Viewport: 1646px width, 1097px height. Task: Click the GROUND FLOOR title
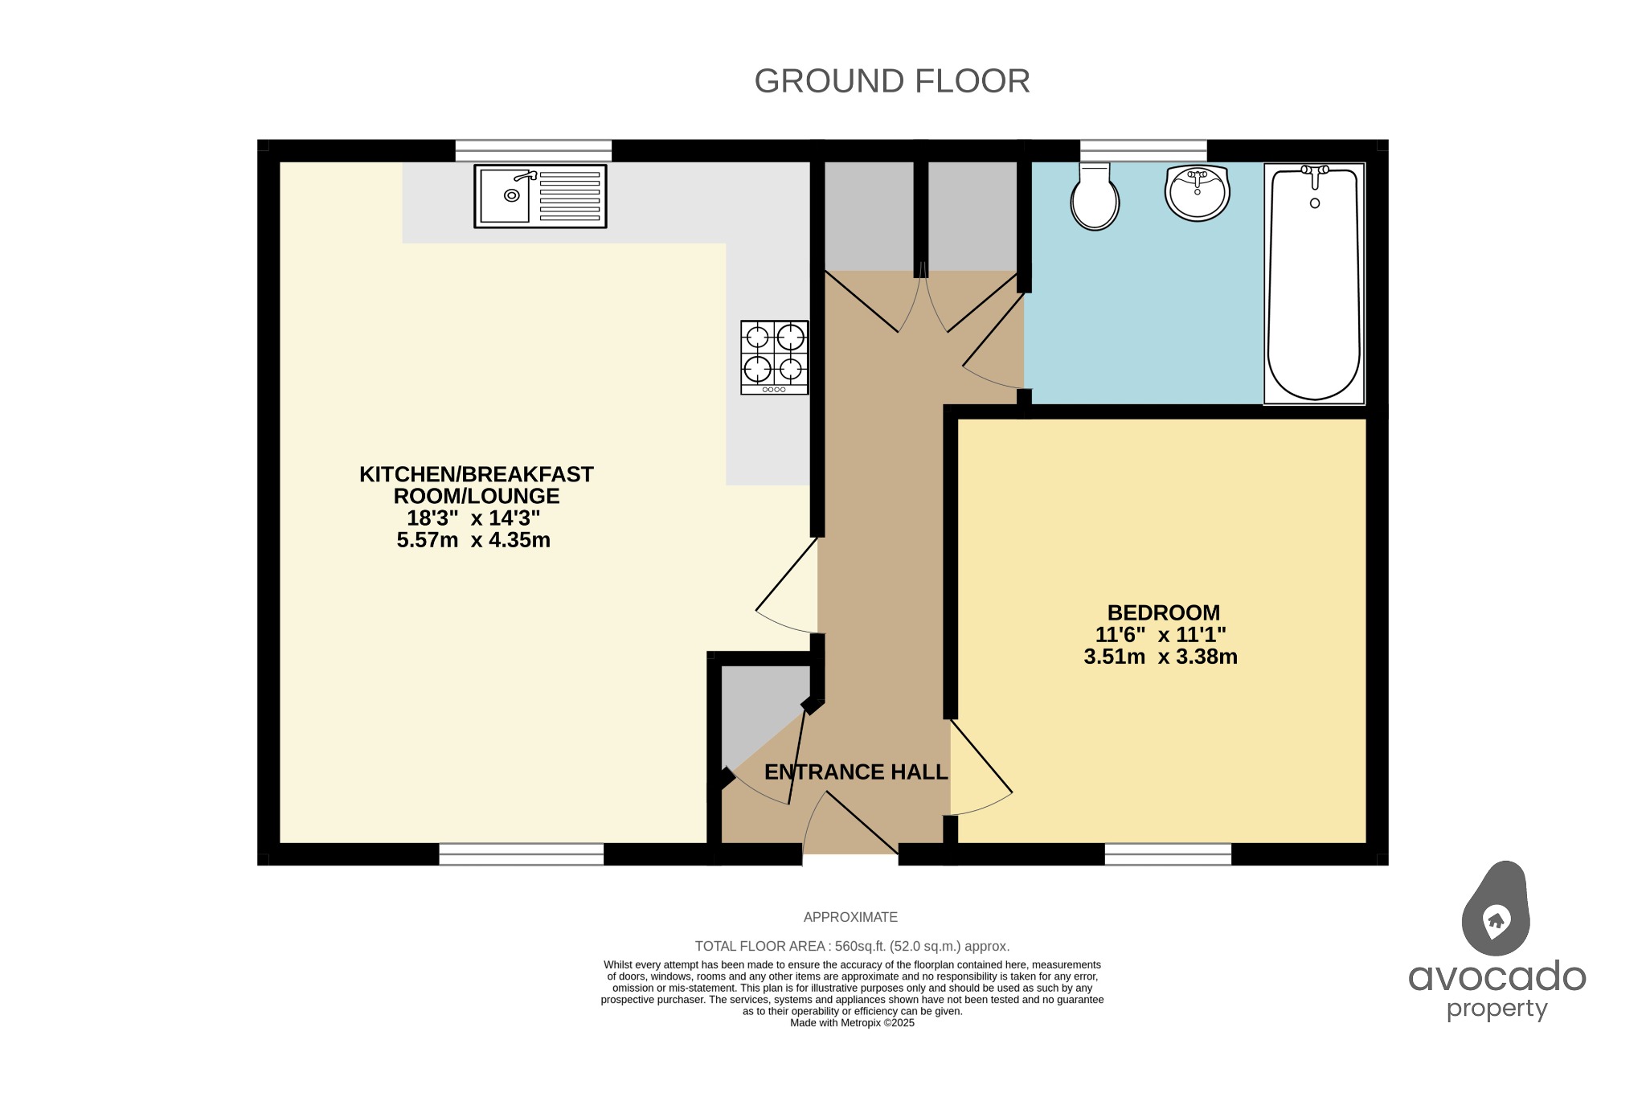click(x=891, y=81)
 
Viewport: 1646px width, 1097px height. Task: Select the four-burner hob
click(x=774, y=357)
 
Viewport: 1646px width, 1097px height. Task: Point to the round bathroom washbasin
click(x=1197, y=193)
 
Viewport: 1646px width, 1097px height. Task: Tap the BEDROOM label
click(x=1163, y=612)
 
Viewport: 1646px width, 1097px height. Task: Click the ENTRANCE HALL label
click(x=856, y=772)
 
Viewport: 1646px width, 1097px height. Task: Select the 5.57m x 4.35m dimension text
click(x=473, y=540)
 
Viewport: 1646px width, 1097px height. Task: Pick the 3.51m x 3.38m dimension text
click(x=1160, y=657)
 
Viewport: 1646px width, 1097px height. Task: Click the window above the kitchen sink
click(x=533, y=150)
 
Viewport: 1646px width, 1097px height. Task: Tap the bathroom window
click(x=1143, y=150)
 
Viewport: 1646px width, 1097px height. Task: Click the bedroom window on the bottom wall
click(x=1167, y=853)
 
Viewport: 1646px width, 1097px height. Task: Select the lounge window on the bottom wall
click(x=521, y=853)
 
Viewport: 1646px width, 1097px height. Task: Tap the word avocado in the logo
click(x=1497, y=977)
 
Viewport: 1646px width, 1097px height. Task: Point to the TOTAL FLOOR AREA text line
click(x=852, y=946)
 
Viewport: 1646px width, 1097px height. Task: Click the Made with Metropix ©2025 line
click(x=852, y=1023)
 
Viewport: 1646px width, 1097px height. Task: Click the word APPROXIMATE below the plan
click(x=850, y=917)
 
